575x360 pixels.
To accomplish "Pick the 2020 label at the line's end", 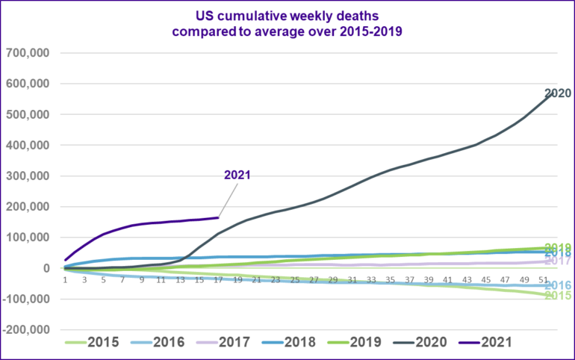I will coord(557,94).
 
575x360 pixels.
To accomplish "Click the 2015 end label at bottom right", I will coord(557,296).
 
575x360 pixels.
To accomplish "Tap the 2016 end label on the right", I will coord(557,285).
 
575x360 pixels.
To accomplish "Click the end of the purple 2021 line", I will coord(218,217).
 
